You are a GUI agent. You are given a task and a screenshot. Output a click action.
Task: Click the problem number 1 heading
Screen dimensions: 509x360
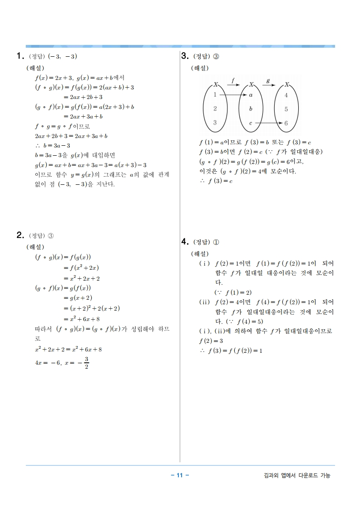20,56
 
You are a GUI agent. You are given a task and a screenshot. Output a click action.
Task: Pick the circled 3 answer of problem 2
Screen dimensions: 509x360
51,236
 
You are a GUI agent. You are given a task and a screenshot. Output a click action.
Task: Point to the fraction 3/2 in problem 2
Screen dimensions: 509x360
86,363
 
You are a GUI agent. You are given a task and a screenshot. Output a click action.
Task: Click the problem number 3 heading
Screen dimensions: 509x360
185,56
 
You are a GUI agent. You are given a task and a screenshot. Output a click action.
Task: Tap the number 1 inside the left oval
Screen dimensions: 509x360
215,95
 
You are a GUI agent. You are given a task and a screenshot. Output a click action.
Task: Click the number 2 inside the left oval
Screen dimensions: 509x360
215,109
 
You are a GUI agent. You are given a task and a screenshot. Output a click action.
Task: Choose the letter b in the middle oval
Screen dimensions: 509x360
251,109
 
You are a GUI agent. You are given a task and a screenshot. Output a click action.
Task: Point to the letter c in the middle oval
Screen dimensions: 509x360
251,123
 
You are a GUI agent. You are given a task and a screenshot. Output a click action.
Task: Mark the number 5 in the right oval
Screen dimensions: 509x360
286,109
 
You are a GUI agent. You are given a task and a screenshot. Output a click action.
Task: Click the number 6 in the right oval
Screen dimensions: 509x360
286,123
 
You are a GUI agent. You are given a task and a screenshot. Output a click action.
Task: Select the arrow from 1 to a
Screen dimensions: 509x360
232,95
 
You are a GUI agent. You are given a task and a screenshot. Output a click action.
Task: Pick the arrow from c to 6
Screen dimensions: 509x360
268,123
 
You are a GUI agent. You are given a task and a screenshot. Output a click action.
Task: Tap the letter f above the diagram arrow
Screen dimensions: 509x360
233,80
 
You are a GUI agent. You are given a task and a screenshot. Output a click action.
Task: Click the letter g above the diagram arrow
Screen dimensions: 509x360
268,80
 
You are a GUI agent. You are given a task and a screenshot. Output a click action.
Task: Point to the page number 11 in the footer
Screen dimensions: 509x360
180,475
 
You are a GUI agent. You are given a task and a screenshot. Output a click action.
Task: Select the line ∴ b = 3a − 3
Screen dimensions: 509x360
53,146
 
